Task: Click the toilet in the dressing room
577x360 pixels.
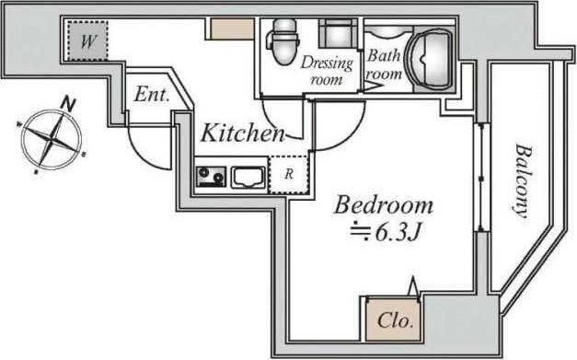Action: pyautogui.click(x=284, y=41)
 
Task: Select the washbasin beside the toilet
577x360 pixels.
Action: pyautogui.click(x=338, y=34)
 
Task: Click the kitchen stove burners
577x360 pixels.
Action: pyautogui.click(x=212, y=177)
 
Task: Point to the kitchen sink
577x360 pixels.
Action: pyautogui.click(x=248, y=177)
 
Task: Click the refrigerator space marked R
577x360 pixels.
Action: pyautogui.click(x=289, y=175)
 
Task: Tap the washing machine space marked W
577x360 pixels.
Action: pyautogui.click(x=87, y=41)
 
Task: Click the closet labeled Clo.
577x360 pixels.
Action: pyautogui.click(x=394, y=320)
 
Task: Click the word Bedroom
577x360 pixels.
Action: pyautogui.click(x=384, y=205)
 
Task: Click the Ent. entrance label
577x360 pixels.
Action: pyautogui.click(x=152, y=94)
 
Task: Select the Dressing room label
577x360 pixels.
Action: pyautogui.click(x=327, y=70)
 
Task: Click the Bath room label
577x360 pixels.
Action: pyautogui.click(x=385, y=64)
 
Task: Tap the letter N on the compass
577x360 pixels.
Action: pyautogui.click(x=68, y=103)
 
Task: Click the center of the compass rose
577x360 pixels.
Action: pyautogui.click(x=52, y=139)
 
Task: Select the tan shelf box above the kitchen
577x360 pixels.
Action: pyautogui.click(x=232, y=29)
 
